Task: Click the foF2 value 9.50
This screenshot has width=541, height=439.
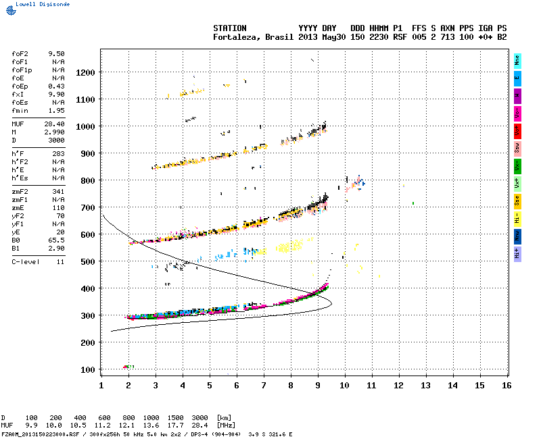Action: (x=56, y=53)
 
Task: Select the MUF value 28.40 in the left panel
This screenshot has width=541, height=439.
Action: (x=55, y=124)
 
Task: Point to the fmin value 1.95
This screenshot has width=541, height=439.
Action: (x=56, y=110)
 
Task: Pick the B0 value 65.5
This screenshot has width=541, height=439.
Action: (x=56, y=240)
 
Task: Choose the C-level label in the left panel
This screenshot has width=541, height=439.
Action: (x=24, y=261)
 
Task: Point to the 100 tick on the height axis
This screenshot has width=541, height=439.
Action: (x=88, y=369)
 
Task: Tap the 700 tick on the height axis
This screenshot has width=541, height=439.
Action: (x=88, y=207)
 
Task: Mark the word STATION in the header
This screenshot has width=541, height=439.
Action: (x=230, y=28)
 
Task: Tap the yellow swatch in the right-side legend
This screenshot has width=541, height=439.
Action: (x=517, y=201)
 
